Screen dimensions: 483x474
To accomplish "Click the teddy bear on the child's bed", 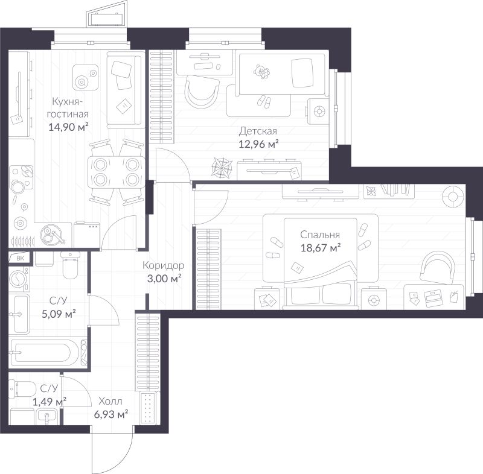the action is (x=261, y=71).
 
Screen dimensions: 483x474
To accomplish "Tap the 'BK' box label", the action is (x=20, y=258).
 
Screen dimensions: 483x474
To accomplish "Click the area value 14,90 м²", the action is (x=68, y=127).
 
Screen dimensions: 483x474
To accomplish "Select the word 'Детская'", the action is (x=258, y=131).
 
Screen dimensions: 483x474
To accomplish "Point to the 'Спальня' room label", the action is (x=320, y=235).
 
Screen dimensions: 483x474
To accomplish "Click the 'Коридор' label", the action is (x=163, y=265).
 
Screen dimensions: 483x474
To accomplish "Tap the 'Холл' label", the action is (x=110, y=401).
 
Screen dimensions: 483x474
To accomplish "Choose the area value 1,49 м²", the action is (x=50, y=402).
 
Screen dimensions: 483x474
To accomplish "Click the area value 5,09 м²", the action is (x=59, y=314).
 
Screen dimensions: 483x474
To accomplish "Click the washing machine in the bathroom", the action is (x=19, y=279).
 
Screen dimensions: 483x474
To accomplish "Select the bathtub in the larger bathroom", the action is (x=48, y=353).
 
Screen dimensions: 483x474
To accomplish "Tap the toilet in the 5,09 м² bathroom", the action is (x=71, y=265).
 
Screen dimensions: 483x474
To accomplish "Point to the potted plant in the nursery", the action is (x=222, y=168).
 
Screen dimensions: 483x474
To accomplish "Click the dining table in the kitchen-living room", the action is (x=116, y=172).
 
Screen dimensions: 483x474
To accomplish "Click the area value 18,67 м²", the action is (x=321, y=248).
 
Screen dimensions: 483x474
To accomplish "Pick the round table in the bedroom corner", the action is (x=452, y=196).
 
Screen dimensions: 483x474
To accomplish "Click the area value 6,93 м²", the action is (x=111, y=414).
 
